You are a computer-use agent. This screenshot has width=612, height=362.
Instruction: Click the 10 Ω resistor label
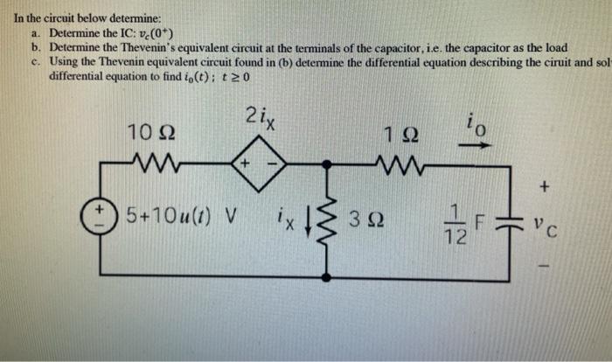148,134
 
